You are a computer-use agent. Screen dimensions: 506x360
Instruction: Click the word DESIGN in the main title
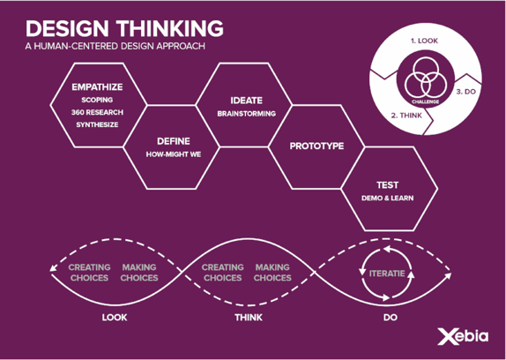tap(67, 28)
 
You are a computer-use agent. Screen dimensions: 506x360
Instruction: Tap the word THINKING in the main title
tap(170, 28)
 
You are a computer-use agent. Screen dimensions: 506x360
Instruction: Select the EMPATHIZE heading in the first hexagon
tap(97, 87)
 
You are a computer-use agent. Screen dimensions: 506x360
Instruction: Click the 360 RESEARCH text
tap(97, 112)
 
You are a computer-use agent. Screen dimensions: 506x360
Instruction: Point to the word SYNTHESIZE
tap(97, 124)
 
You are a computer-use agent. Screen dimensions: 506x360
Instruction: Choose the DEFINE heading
tap(174, 141)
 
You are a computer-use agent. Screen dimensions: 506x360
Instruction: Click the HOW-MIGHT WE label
tap(174, 154)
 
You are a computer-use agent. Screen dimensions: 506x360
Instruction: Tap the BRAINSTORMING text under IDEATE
tap(247, 114)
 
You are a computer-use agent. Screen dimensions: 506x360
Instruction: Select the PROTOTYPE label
tap(316, 146)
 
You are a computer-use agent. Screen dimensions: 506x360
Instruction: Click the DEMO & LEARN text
tap(387, 198)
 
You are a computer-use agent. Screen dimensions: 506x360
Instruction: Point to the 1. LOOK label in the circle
tap(424, 41)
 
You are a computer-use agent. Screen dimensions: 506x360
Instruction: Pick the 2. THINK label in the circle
tap(406, 116)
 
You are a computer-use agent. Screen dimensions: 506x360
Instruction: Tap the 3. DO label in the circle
tap(466, 92)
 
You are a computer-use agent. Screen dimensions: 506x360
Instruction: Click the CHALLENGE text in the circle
tap(425, 101)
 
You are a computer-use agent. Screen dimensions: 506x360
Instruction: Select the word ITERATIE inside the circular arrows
tap(387, 274)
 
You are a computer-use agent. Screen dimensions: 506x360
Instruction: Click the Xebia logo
tap(463, 336)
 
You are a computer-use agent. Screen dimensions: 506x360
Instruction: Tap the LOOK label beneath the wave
tap(115, 318)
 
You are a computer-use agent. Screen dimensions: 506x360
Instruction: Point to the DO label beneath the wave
tap(391, 318)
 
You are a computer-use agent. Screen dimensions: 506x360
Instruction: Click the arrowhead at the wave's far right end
tap(448, 275)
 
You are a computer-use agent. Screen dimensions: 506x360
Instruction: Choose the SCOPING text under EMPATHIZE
tap(97, 100)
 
